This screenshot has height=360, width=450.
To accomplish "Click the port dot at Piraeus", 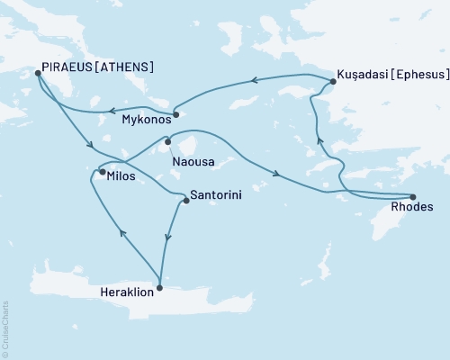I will click(38, 74).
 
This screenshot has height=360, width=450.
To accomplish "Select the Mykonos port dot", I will click(175, 114).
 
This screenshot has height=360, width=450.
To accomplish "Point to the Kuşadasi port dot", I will click(331, 82).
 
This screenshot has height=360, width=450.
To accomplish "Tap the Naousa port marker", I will click(168, 140).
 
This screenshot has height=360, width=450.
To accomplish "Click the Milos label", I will click(121, 176).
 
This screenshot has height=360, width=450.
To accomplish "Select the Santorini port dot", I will click(185, 201).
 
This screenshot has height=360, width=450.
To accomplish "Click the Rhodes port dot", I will click(412, 197).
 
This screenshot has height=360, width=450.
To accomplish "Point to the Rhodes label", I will click(413, 209).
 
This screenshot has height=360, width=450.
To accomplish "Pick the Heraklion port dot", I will click(159, 288).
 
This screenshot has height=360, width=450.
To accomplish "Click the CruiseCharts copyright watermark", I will click(5, 328).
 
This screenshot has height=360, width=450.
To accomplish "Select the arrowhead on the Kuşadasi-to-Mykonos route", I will click(255, 81).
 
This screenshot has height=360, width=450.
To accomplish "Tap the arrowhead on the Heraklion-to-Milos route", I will click(122, 235).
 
